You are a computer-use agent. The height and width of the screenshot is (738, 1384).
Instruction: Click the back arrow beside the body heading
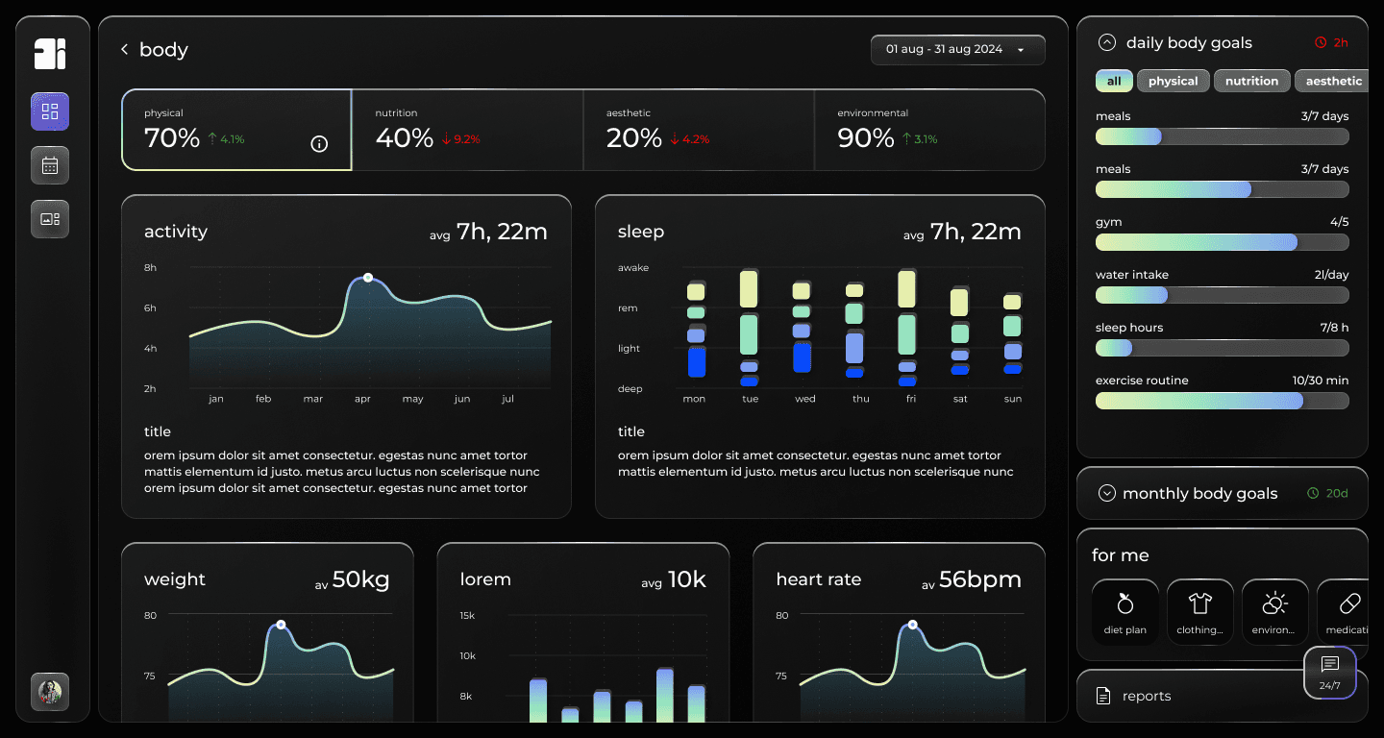coord(125,49)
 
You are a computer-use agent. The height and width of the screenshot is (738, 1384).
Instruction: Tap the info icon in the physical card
coord(320,144)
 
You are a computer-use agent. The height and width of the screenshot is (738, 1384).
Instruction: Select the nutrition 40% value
coord(404,138)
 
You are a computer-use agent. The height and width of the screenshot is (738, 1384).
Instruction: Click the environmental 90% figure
coord(865,138)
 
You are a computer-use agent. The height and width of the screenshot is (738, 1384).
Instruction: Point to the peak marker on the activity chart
coord(367,277)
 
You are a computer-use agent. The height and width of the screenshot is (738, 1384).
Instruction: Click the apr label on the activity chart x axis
coord(362,399)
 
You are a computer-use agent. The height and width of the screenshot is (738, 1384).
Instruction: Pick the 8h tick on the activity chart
coord(150,268)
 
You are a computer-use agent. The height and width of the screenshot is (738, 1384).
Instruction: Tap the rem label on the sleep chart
coord(628,308)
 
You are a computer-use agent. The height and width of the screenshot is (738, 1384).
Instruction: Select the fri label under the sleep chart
coord(911,399)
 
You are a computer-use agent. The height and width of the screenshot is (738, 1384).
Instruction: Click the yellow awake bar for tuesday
coord(750,288)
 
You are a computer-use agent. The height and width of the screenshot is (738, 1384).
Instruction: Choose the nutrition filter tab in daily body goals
coord(1251,81)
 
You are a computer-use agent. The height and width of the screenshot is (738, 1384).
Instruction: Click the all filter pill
coord(1114,81)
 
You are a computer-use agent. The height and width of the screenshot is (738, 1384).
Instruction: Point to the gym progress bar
coord(1222,242)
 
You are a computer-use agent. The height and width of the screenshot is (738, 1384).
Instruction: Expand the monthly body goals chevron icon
coord(1107,493)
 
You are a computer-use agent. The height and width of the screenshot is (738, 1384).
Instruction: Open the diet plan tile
coord(1125,612)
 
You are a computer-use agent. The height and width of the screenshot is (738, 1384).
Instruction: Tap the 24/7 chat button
coord(1329,673)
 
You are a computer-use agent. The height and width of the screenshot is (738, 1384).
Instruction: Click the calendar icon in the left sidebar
coord(50,165)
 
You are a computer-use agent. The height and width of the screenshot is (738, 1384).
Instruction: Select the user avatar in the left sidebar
coord(50,691)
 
